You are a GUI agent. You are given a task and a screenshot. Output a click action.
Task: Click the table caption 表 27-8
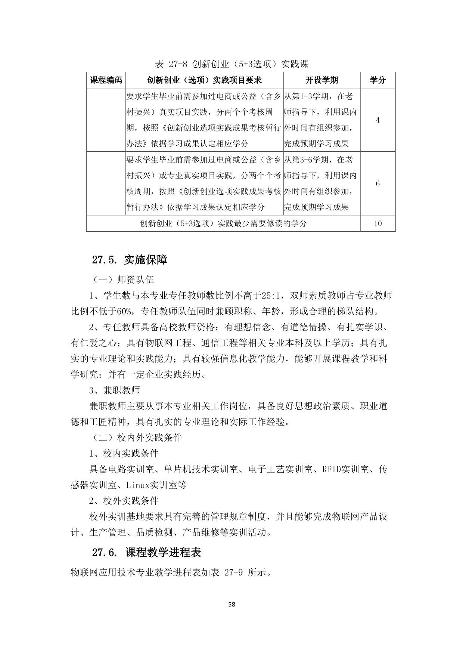232,64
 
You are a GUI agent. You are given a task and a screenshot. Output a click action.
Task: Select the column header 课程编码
106,80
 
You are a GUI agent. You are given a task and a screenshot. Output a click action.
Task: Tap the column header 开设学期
321,80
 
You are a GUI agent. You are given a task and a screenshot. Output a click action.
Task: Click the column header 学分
377,80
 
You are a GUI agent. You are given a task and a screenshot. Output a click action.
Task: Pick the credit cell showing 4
377,120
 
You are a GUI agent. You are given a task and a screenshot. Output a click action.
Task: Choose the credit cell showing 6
377,183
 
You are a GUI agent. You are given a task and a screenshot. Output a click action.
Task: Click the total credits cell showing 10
377,223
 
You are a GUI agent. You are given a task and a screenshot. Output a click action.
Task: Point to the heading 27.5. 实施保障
130,260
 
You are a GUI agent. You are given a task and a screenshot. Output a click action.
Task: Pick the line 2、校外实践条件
124,501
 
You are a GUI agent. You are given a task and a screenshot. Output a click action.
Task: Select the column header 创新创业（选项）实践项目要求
204,80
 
